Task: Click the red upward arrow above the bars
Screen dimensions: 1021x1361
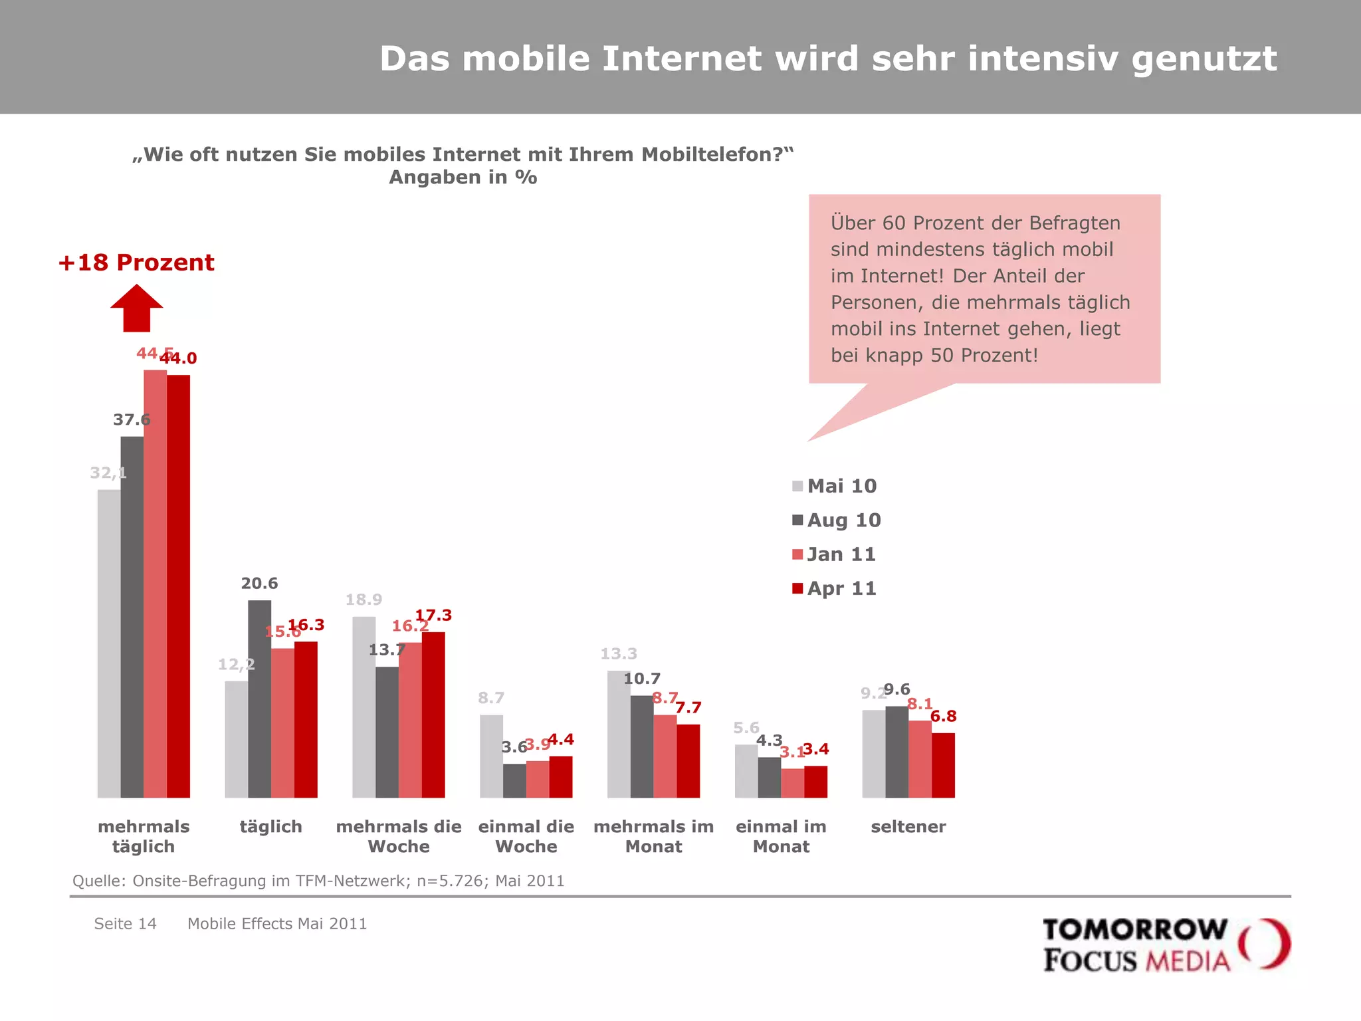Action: [x=136, y=309]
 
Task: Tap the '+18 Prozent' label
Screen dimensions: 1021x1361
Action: [x=136, y=263]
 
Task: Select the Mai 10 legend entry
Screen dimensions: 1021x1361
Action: [x=835, y=486]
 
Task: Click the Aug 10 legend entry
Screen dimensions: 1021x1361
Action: [x=837, y=520]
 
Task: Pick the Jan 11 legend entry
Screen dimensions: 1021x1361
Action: [x=835, y=554]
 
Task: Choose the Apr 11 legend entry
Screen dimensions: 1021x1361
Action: [x=835, y=588]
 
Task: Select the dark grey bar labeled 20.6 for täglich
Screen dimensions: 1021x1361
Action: [x=260, y=698]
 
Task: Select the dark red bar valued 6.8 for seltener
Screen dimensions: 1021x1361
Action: [x=943, y=765]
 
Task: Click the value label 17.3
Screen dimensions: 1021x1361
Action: [x=433, y=616]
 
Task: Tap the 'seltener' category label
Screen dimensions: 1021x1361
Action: [x=908, y=827]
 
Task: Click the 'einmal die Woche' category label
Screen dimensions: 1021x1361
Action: [x=526, y=836]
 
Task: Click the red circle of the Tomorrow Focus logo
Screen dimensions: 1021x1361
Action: [x=1265, y=944]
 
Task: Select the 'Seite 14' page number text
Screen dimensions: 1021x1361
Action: [x=125, y=924]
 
